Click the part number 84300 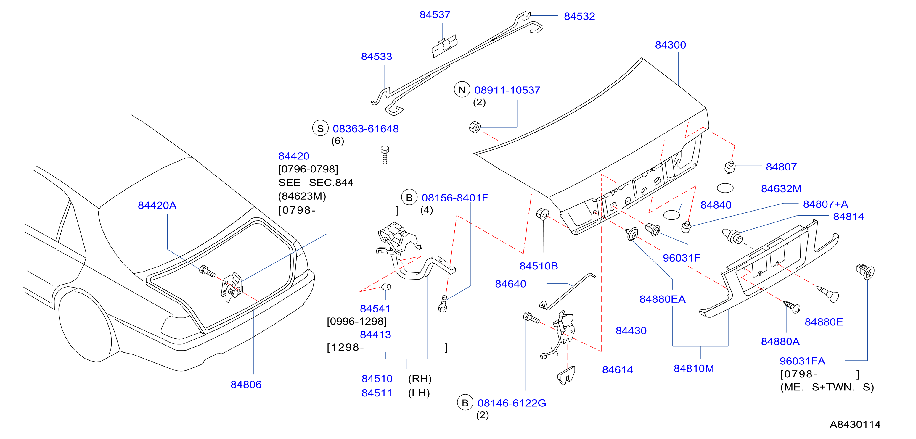tap(670, 45)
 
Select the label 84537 tap(435, 15)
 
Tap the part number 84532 tap(579, 16)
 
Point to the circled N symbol tap(462, 90)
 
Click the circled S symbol tap(320, 128)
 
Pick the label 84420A tap(157, 205)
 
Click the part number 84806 tap(246, 384)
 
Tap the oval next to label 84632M tap(725, 188)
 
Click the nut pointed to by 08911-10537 tap(475, 127)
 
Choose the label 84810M tap(694, 369)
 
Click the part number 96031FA tap(802, 361)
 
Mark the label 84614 tap(617, 370)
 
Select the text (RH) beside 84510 tap(420, 379)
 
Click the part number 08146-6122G tap(512, 403)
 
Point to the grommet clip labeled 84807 tap(730, 167)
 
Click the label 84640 tap(511, 284)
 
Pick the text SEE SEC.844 tap(316, 183)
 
